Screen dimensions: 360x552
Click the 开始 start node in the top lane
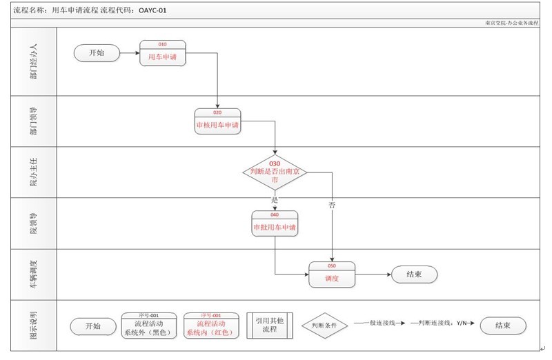coord(97,54)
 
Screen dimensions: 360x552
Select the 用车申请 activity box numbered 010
coord(163,54)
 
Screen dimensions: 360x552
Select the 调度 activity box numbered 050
coord(332,275)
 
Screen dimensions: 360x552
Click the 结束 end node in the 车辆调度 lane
coord(414,274)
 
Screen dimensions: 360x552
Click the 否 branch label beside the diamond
coord(333,205)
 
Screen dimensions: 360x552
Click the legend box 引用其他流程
coord(270,326)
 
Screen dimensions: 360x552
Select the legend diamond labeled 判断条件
coord(323,326)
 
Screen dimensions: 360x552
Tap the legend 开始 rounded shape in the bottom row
coord(92,326)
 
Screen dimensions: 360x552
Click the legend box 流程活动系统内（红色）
coord(210,326)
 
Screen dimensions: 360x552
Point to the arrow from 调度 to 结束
coord(373,274)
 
